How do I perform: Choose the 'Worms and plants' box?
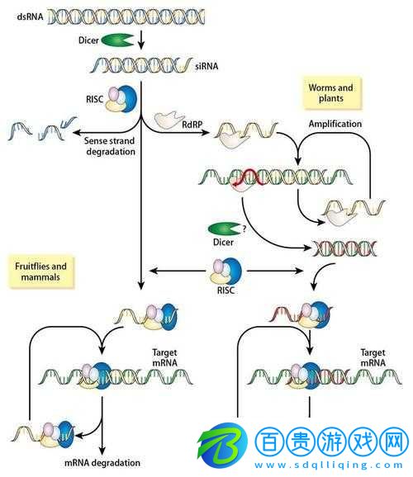(330, 93)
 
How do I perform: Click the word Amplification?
(335, 124)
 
